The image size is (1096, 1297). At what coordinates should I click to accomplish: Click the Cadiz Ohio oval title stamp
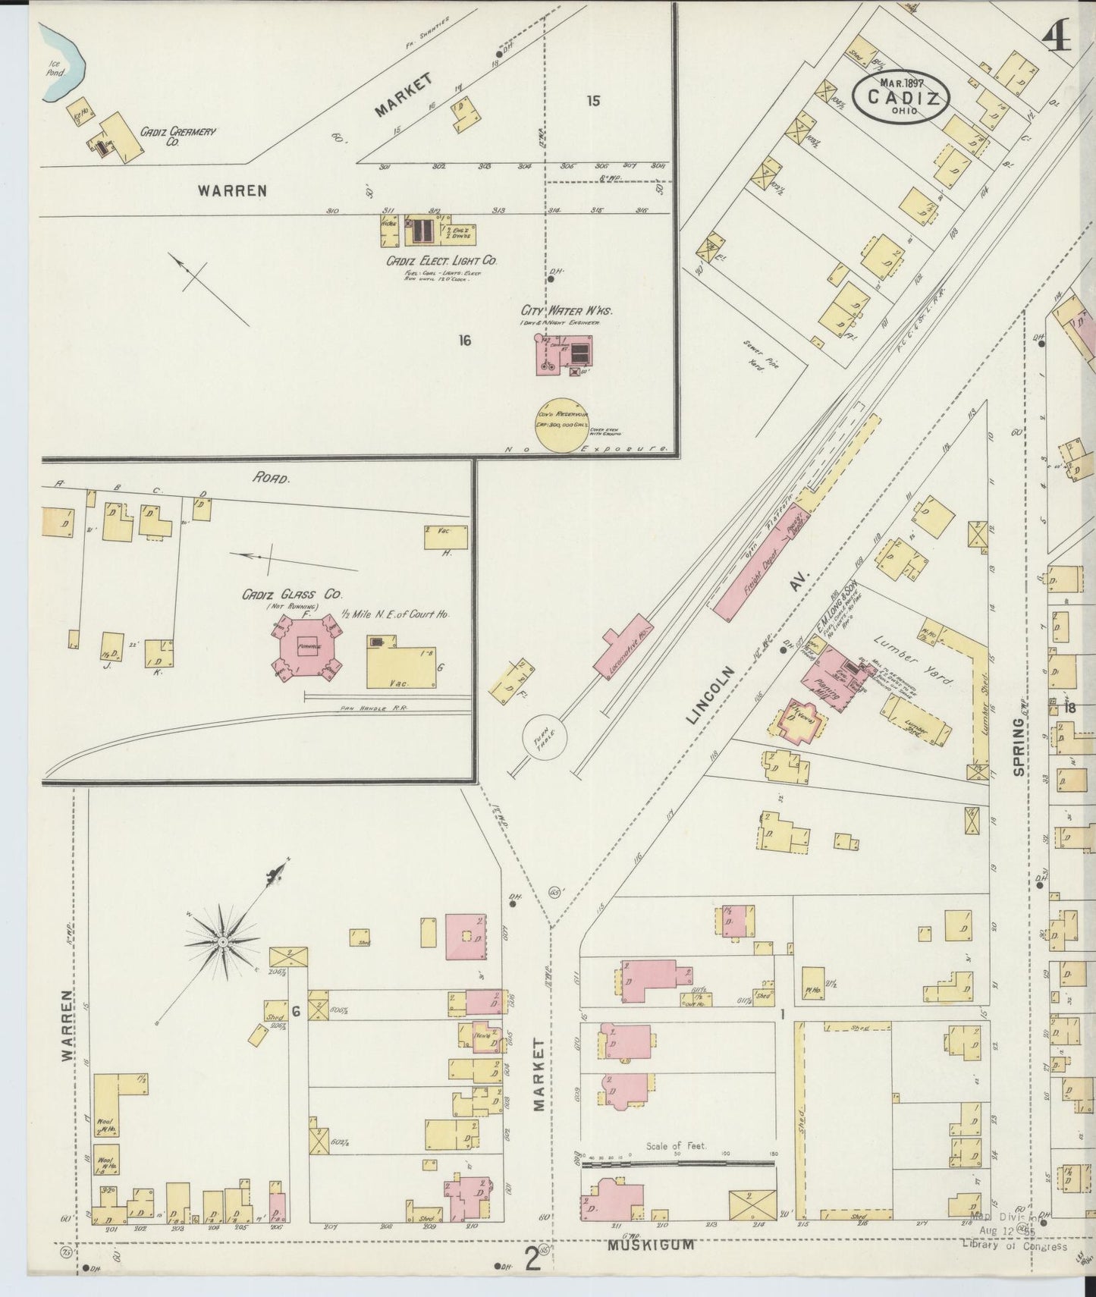[x=900, y=96]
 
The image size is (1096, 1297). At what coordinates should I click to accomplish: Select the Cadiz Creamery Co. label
[x=177, y=136]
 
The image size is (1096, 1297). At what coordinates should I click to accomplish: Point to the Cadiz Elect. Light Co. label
[x=441, y=260]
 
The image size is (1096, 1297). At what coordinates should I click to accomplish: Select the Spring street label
[x=1018, y=747]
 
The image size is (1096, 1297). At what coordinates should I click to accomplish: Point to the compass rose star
[x=224, y=942]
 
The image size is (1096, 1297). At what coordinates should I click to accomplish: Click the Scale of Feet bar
[x=678, y=1161]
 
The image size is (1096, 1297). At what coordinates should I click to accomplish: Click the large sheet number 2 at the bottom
[x=533, y=1260]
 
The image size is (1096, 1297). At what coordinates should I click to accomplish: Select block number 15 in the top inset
[x=593, y=100]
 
